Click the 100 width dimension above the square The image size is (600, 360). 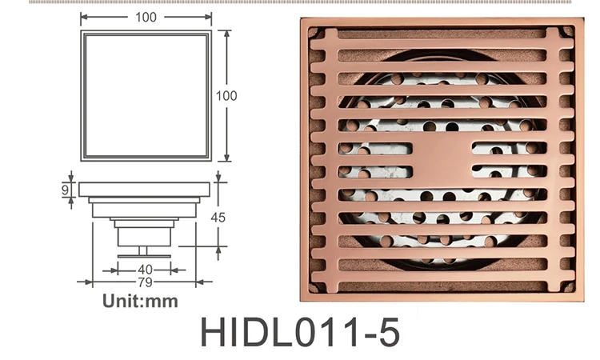point(145,16)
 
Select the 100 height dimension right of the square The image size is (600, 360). point(227,95)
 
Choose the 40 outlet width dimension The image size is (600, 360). point(145,270)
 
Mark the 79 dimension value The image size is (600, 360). point(145,282)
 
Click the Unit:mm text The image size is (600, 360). point(140,302)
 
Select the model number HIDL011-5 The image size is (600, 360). point(299,332)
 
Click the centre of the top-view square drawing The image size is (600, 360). point(145,96)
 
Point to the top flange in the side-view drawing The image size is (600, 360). point(145,190)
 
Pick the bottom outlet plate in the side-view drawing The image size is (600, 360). point(145,255)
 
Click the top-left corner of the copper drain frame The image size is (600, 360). point(302,20)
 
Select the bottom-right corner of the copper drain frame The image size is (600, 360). point(582,300)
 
